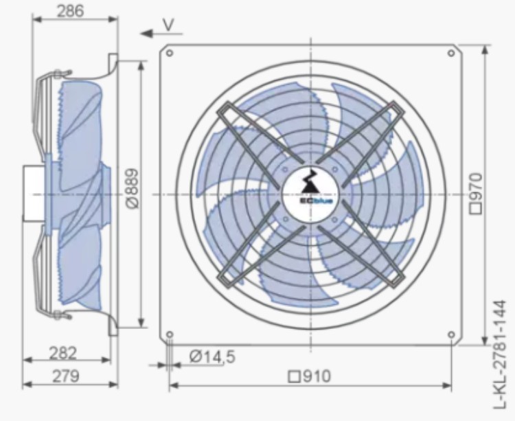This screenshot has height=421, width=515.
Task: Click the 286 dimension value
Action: click(71, 11)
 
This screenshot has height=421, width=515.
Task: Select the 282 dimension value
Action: click(62, 353)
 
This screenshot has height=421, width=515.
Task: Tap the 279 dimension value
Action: click(66, 376)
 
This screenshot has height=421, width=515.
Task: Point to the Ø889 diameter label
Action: click(133, 188)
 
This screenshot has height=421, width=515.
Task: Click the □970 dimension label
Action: click(476, 194)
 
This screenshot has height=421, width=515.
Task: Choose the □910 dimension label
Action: click(310, 376)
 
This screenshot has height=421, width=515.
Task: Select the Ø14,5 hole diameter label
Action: click(212, 356)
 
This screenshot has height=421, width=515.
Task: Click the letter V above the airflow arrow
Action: click(168, 25)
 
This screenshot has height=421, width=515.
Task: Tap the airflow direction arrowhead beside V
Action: click(146, 33)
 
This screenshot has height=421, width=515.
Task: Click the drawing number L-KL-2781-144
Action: click(500, 354)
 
